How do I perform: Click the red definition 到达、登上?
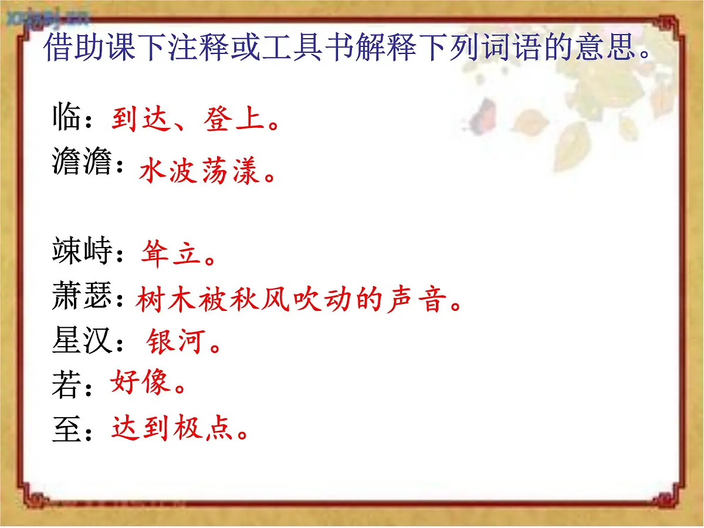click(188, 120)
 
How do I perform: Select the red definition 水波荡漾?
click(199, 172)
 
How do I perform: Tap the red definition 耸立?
click(172, 255)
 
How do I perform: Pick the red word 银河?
click(174, 341)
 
